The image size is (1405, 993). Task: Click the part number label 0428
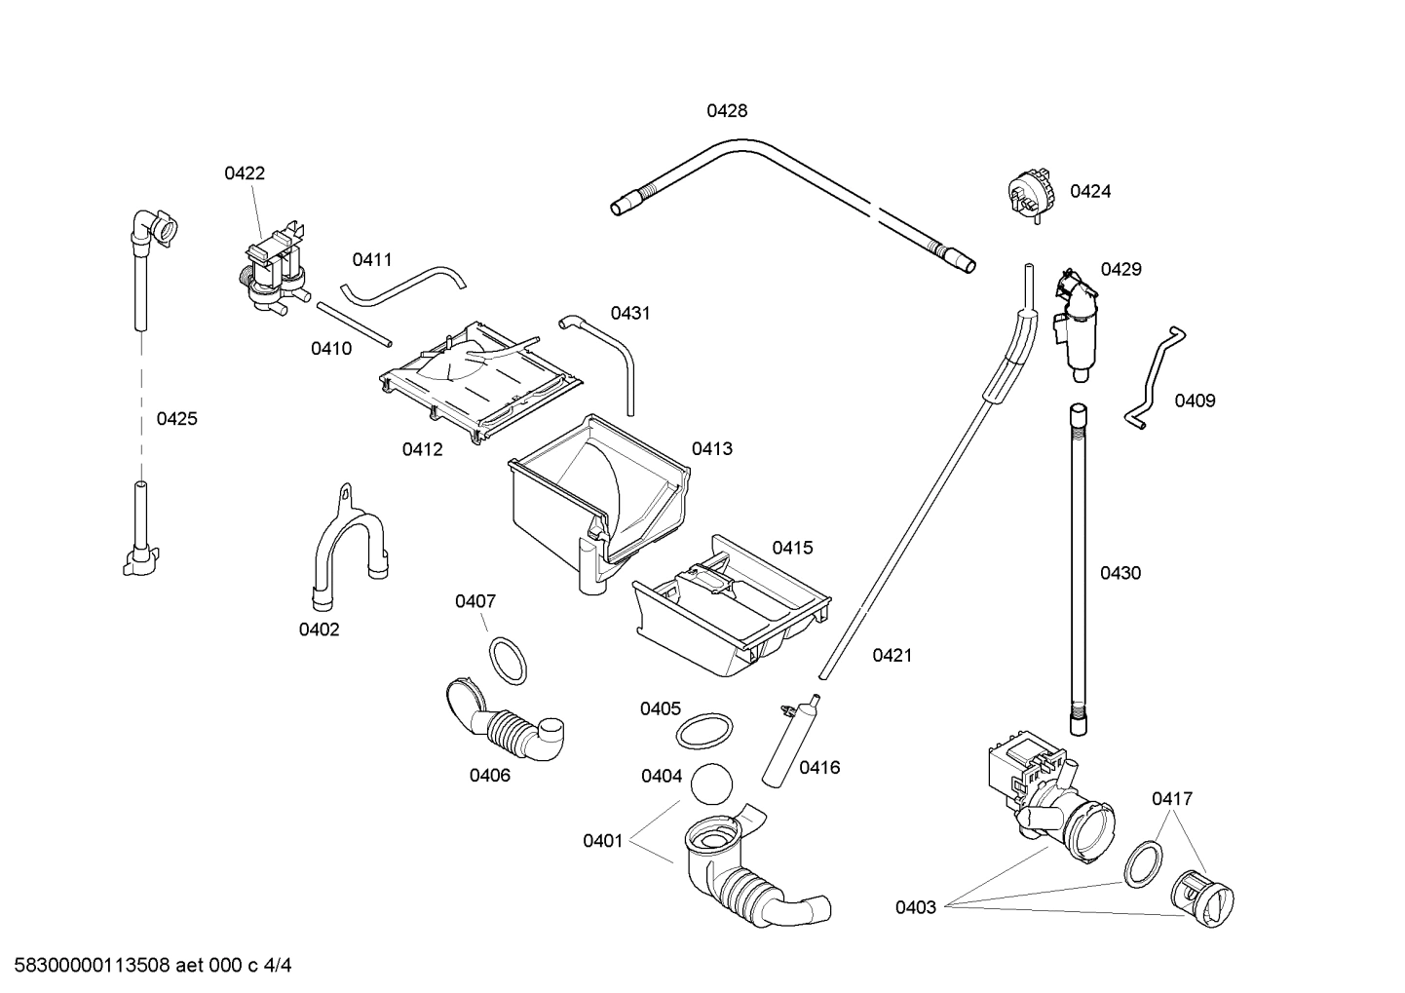pyautogui.click(x=727, y=111)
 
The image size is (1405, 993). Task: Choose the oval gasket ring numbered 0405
pyautogui.click(x=704, y=731)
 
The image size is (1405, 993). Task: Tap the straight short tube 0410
pyautogui.click(x=354, y=323)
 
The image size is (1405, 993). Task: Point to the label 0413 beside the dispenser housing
pyautogui.click(x=712, y=449)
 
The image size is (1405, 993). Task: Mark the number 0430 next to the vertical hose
pyautogui.click(x=1120, y=573)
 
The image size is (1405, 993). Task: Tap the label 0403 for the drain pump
pyautogui.click(x=916, y=907)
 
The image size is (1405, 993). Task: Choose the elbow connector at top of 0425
pyautogui.click(x=154, y=228)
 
